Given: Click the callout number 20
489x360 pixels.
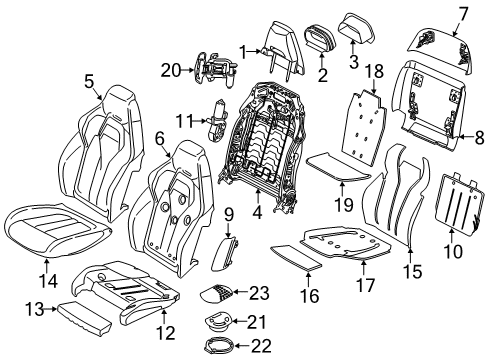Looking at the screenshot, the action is coord(171,70).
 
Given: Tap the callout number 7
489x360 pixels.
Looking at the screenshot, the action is coord(463,15).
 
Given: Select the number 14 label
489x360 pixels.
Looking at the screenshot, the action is coord(48,280).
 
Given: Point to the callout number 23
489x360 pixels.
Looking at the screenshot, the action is coord(259,293).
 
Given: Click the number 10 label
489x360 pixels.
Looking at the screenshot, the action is coord(453,251).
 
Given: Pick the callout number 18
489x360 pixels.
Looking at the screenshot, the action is coord(375,71).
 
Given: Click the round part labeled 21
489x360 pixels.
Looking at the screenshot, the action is coord(218,323).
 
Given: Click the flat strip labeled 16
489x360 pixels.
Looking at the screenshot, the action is coord(296,258).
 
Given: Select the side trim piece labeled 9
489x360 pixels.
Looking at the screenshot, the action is coord(225,252).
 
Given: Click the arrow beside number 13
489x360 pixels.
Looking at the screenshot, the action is coord(51,309).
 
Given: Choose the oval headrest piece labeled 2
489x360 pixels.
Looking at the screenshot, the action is coord(320,39).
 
